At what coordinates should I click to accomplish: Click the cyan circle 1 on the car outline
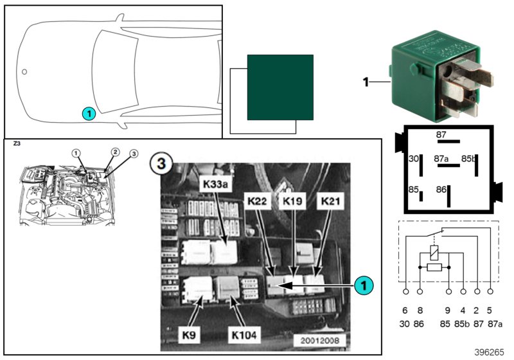(x=89, y=113)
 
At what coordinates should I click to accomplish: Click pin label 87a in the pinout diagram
(x=441, y=157)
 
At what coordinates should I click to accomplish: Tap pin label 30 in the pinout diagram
(x=414, y=158)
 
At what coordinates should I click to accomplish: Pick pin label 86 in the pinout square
(x=440, y=190)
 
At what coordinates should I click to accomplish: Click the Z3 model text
(x=16, y=145)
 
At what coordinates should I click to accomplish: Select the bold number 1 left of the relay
(x=366, y=82)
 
